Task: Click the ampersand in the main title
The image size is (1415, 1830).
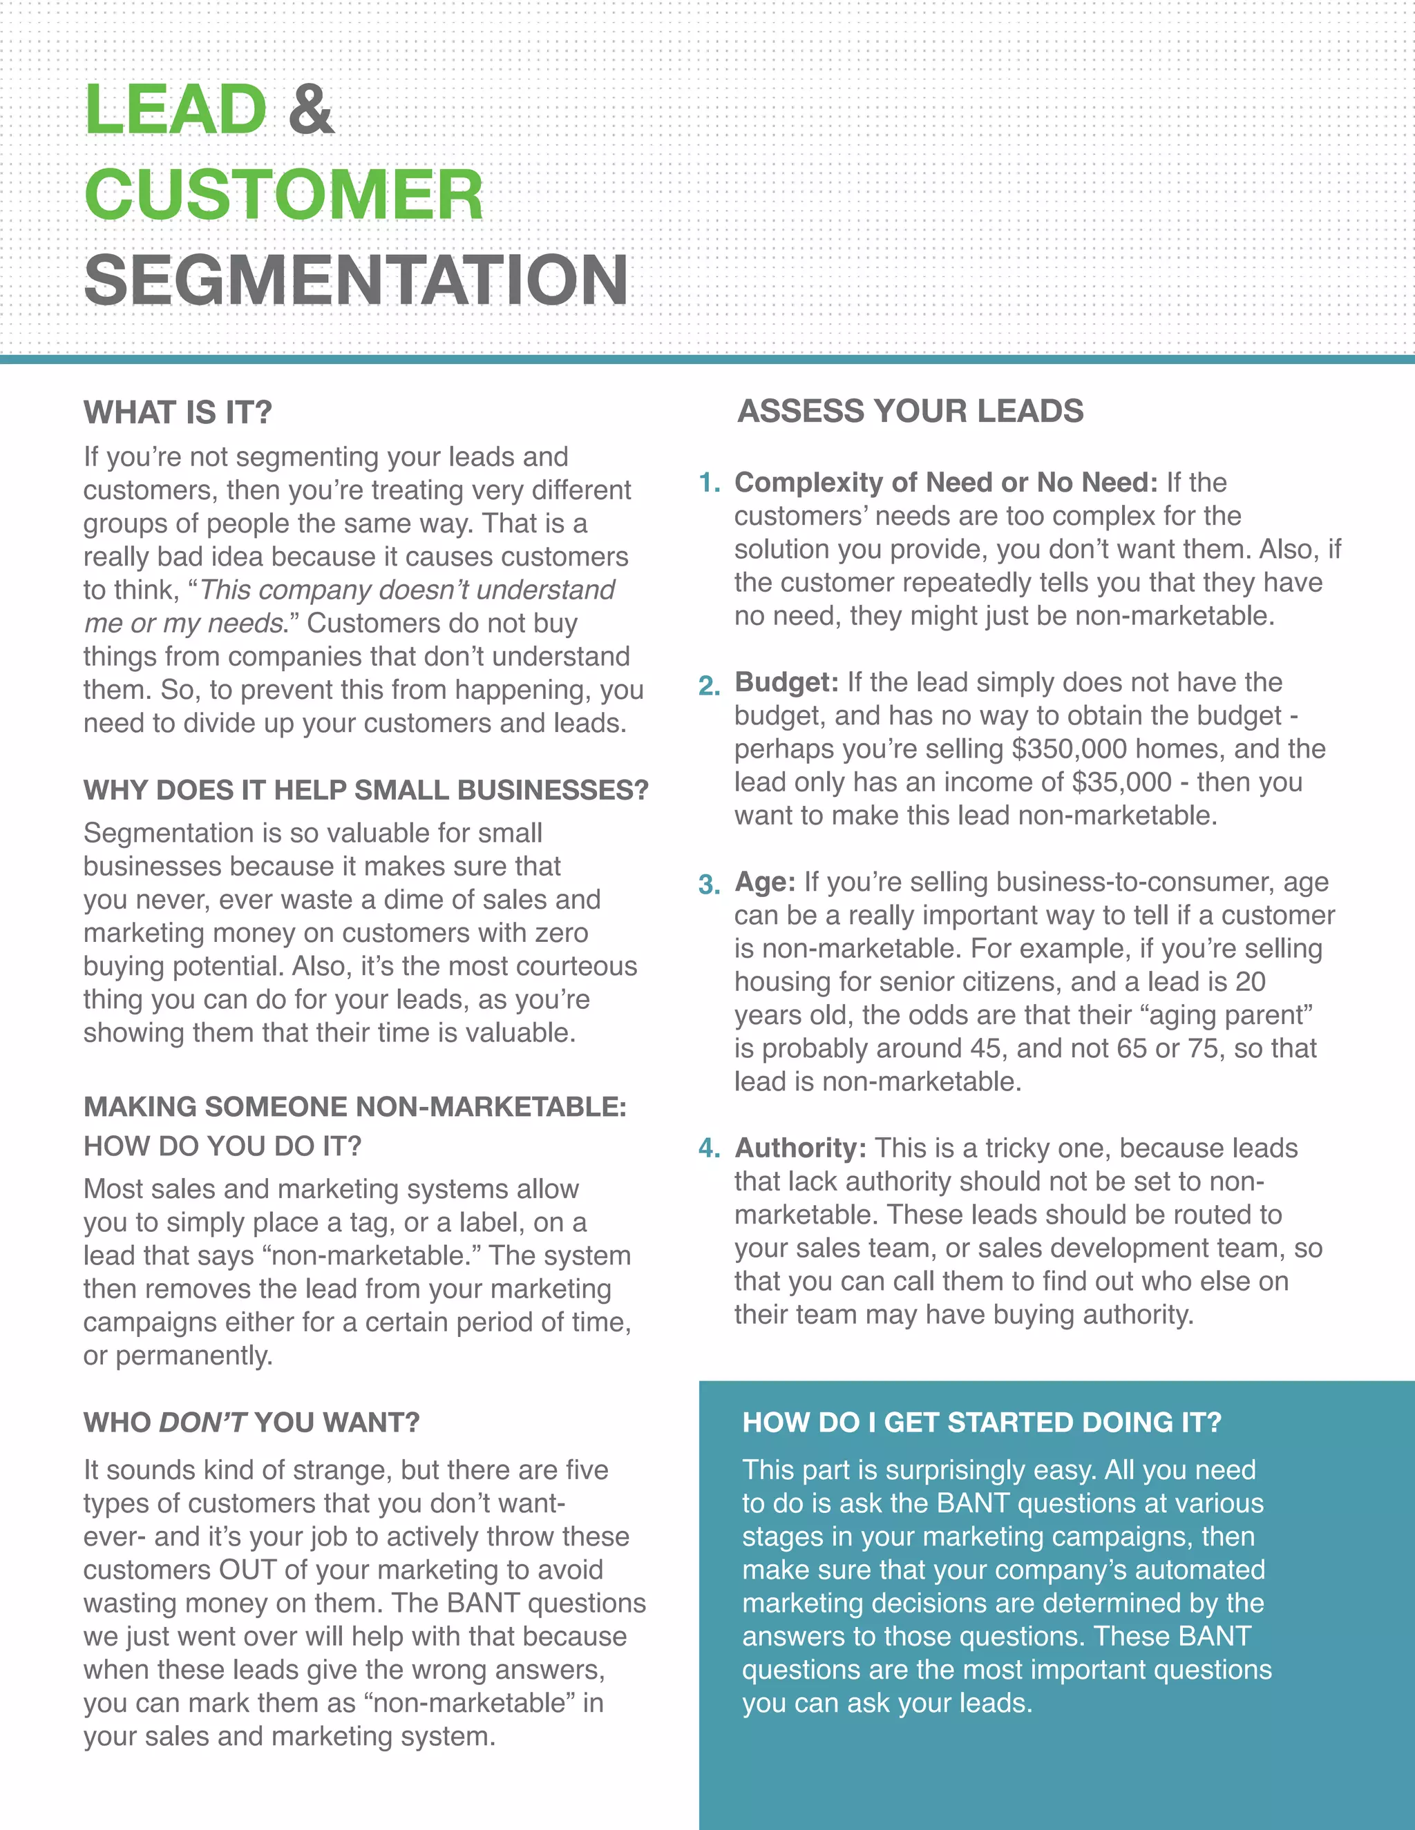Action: point(311,110)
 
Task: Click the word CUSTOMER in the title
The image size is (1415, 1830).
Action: point(284,195)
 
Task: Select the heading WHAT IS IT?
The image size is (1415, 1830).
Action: point(178,412)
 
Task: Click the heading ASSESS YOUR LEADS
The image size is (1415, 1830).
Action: point(911,412)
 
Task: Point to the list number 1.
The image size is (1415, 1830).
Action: point(709,483)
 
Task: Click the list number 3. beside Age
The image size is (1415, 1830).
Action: point(709,885)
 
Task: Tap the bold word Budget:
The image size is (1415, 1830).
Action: point(786,682)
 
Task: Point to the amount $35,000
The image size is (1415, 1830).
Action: point(1121,782)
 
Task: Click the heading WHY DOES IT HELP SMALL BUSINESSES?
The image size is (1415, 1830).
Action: point(366,790)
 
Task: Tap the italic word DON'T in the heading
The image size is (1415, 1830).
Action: point(202,1423)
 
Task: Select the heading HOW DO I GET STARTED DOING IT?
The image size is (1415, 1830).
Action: point(982,1423)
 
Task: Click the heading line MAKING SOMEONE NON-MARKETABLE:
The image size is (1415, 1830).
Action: point(355,1107)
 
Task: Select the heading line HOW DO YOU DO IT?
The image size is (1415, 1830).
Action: point(222,1146)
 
